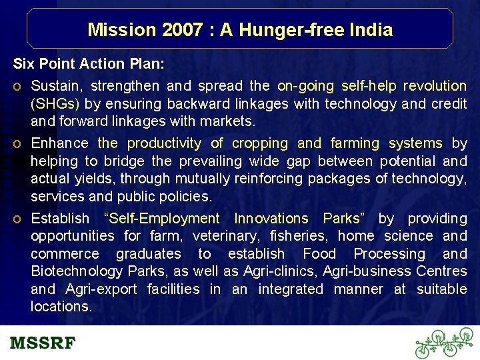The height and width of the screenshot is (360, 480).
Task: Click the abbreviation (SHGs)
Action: click(x=55, y=103)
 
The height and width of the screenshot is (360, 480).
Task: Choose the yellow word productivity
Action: click(x=164, y=143)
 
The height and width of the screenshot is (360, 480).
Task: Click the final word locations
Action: click(x=61, y=307)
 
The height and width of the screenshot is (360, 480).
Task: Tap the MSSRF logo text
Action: click(x=43, y=344)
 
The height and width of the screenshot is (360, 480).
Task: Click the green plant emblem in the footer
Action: click(x=443, y=343)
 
